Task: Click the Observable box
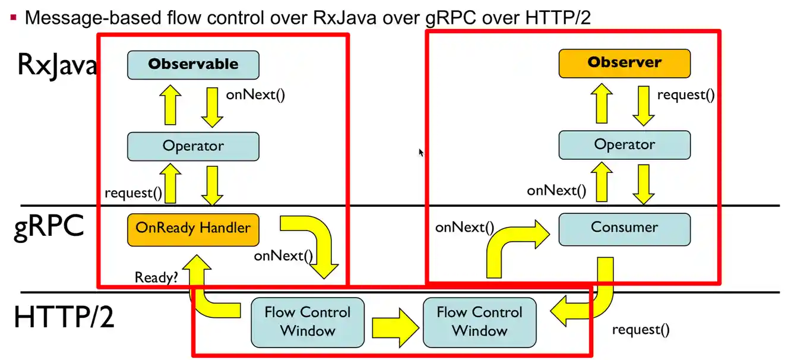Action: [193, 64]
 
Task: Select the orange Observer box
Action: [624, 63]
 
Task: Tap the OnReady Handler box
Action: [193, 229]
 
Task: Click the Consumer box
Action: [624, 228]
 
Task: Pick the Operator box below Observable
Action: [193, 146]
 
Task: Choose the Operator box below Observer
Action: [624, 145]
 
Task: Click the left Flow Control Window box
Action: [307, 322]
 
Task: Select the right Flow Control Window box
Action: [479, 322]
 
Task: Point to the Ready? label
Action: [156, 277]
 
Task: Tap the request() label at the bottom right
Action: [640, 330]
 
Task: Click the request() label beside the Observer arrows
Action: [685, 94]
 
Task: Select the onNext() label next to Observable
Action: [255, 95]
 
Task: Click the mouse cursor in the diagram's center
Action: [421, 152]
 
